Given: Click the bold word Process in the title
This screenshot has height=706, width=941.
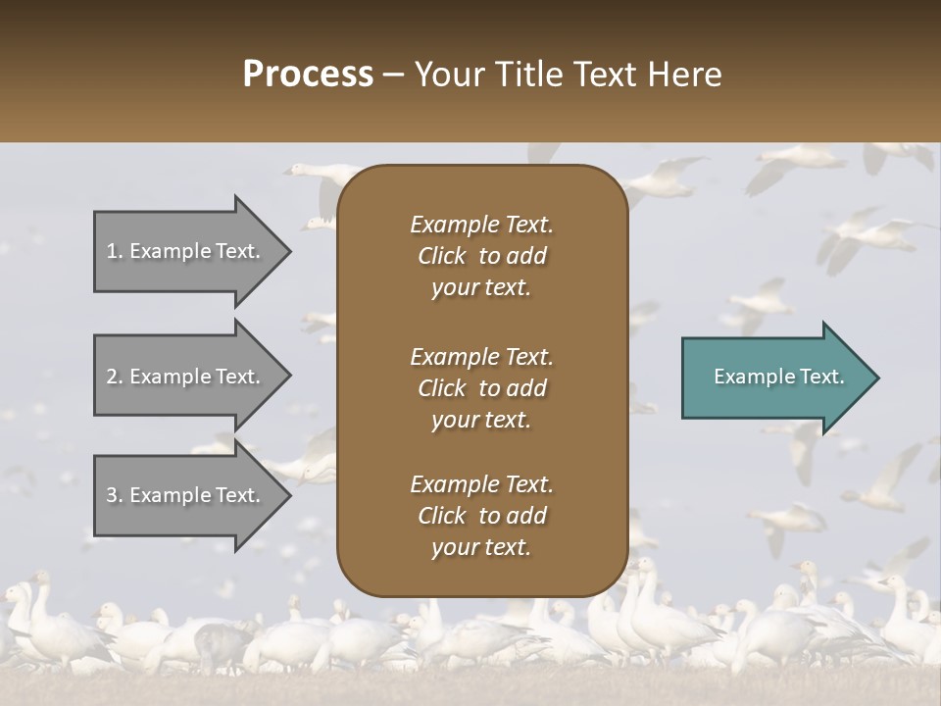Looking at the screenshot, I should (x=308, y=75).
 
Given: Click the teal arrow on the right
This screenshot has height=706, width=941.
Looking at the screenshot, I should (x=774, y=378).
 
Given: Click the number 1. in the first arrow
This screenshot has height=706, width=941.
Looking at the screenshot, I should (x=115, y=251).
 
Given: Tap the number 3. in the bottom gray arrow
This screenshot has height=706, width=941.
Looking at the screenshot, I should (x=115, y=495).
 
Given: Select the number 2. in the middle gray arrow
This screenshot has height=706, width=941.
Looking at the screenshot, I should (x=115, y=377).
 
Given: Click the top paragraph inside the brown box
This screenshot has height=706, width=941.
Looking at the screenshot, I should (x=481, y=256).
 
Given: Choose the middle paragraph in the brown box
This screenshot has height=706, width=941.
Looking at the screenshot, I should (x=481, y=387).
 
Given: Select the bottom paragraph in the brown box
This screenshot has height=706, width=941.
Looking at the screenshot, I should (x=481, y=516).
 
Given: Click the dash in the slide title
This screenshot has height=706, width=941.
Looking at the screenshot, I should (x=393, y=76).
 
